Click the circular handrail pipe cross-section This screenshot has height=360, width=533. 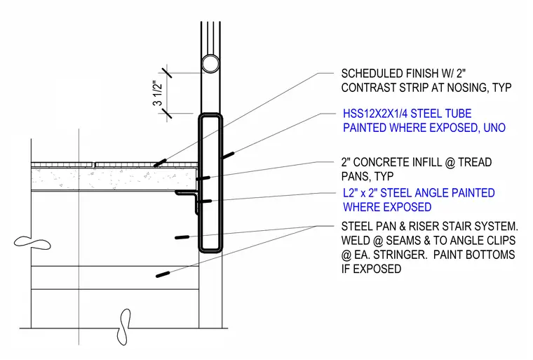coord(210,64)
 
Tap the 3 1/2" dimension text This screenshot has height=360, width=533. coord(158,93)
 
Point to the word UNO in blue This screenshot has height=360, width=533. coord(494,128)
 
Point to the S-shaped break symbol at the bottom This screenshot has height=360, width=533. coord(124,326)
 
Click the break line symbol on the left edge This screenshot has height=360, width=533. coord(32,243)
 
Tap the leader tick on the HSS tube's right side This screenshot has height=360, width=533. coord(227,155)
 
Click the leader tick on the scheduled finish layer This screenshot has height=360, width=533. coord(160,163)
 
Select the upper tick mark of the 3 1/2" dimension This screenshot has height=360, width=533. coord(166,73)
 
